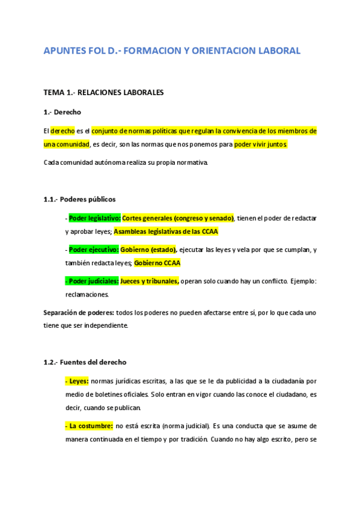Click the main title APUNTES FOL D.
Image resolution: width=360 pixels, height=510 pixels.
coord(171,51)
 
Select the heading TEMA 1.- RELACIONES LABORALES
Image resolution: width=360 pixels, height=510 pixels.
coord(103,93)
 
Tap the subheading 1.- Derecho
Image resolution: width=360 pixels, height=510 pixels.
coord(62,112)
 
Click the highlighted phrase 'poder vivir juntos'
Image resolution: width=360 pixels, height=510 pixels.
coord(261,144)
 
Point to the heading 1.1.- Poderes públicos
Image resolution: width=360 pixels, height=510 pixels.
coord(79,199)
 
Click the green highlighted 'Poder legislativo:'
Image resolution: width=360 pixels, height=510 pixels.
coord(95,218)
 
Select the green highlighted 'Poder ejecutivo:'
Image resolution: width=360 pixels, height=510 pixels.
coord(94,250)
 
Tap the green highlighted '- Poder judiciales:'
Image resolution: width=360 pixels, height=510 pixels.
coord(92,281)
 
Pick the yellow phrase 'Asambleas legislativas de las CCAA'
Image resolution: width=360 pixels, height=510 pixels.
coord(166,232)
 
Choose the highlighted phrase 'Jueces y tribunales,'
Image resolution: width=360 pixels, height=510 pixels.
coord(150,281)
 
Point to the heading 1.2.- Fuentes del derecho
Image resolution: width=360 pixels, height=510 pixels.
coord(85,362)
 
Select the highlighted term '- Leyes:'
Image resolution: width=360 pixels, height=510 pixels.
coord(77,381)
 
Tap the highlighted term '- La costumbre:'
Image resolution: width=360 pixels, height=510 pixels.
coord(89,426)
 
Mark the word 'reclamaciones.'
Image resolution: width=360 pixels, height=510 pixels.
coord(87,295)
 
